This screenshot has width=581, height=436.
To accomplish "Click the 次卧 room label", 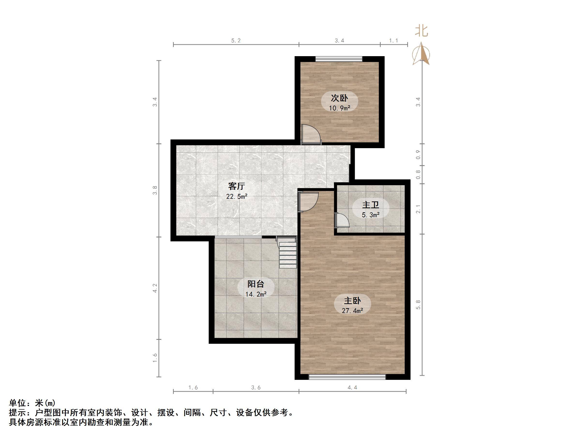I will point(339,98).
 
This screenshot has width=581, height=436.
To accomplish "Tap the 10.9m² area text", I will point(339,108).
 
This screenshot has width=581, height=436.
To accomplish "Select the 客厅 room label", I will point(236,186).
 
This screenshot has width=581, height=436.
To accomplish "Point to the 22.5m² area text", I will point(237,196).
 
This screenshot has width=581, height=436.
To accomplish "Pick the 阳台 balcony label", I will point(256,284).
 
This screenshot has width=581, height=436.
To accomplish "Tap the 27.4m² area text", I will point(352,311).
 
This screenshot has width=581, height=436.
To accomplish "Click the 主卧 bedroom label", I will point(352,300).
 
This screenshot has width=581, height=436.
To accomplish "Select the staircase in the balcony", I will point(288,254).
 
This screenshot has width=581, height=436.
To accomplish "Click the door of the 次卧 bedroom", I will point(311,135).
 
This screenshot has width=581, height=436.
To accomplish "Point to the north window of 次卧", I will point(339,59).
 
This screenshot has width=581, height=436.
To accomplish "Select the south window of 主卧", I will point(347,377).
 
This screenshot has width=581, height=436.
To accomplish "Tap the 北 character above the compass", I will point(421,31).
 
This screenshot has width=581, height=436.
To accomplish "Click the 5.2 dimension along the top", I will point(236,40).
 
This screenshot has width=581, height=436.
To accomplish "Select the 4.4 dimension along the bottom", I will point(352,387).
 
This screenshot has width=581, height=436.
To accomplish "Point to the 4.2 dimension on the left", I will point(155,288).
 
